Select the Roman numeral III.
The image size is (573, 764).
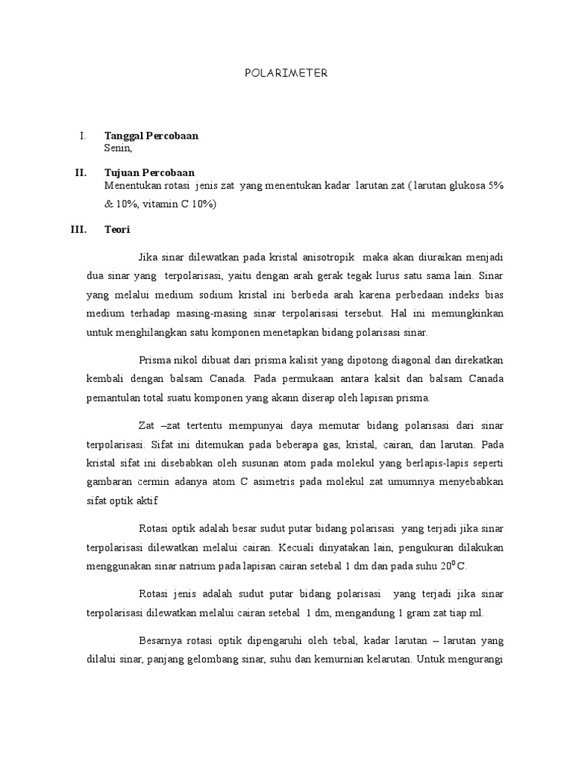(78, 230)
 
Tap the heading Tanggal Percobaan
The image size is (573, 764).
(151, 137)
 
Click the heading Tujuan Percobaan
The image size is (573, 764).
(149, 173)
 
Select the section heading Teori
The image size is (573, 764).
(117, 230)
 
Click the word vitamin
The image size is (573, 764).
(149, 204)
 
